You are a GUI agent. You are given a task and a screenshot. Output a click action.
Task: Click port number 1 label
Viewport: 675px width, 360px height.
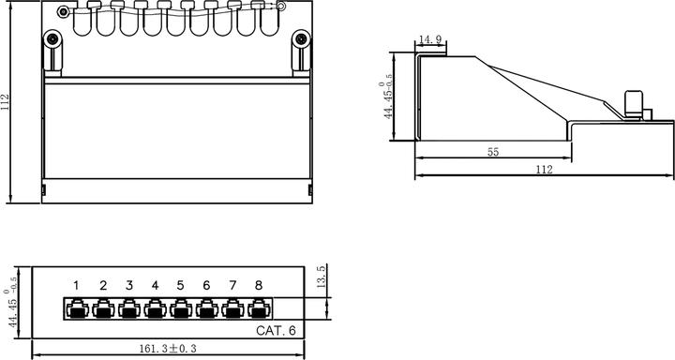(x=78, y=285)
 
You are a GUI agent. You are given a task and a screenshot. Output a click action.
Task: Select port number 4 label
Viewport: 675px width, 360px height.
(x=155, y=285)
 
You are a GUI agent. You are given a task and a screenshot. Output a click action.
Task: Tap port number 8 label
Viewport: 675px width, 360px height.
(x=258, y=285)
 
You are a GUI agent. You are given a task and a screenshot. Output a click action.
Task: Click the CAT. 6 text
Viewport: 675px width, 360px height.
(x=276, y=331)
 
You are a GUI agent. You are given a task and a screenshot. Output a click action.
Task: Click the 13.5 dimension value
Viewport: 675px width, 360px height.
(x=320, y=281)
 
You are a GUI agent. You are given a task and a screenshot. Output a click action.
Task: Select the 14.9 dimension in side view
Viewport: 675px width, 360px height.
(x=430, y=40)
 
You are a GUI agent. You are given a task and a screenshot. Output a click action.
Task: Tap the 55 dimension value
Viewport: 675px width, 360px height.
(x=492, y=151)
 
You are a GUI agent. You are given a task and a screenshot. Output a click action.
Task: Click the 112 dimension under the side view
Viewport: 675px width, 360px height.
(x=543, y=169)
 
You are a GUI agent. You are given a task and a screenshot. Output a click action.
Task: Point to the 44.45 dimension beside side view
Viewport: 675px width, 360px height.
(x=386, y=101)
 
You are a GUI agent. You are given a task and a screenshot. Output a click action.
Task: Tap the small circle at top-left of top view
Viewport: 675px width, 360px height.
(x=63, y=12)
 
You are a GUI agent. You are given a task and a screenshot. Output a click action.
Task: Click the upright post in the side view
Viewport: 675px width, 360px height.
(x=634, y=104)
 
